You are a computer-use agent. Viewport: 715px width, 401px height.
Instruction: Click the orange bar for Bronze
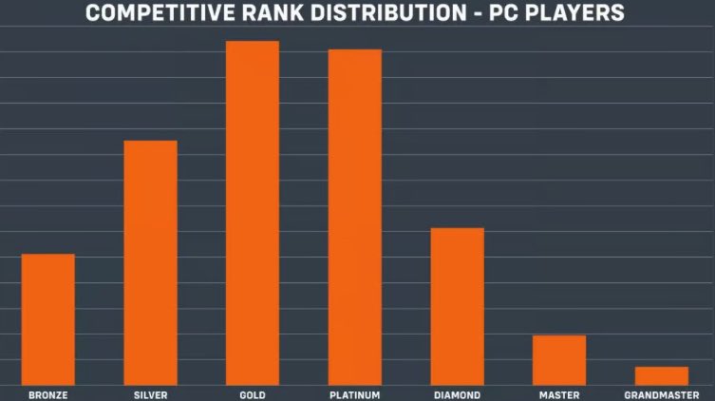47,319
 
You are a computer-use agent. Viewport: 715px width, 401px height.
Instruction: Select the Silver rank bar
150,262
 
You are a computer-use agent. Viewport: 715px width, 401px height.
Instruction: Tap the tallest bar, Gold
253,213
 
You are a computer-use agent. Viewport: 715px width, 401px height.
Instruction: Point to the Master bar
559,360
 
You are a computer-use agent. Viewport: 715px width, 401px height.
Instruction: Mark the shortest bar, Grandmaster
662,375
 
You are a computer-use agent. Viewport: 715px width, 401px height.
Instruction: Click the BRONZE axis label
47,394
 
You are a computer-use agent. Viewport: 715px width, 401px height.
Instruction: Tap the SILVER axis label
150,394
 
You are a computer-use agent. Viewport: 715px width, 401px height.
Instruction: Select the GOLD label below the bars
253,394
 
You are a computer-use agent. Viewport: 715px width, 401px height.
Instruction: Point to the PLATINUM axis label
354,394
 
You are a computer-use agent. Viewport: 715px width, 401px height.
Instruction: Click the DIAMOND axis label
457,394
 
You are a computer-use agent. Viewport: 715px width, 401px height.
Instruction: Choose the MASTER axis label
559,394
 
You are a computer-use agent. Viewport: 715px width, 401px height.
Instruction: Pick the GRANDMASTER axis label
662,394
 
